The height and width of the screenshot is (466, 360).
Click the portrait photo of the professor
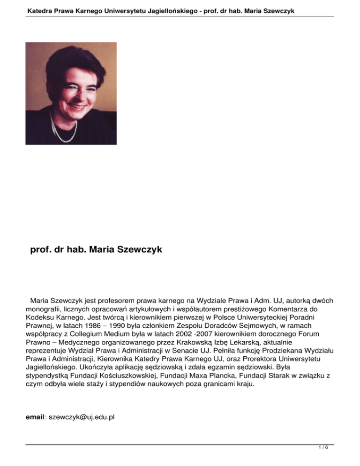coord(71,93)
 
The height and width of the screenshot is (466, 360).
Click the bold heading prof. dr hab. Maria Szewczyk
coord(96,250)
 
